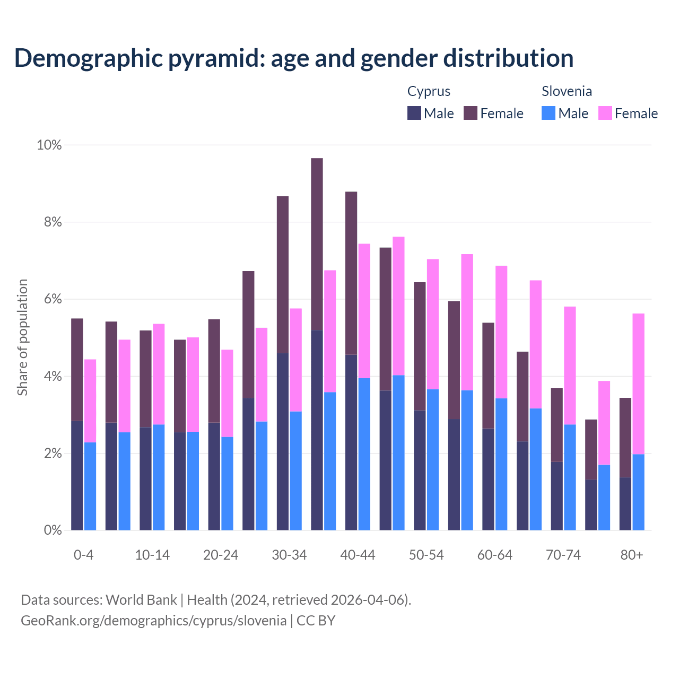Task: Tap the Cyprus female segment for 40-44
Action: pyautogui.click(x=351, y=273)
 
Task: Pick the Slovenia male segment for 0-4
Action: pyautogui.click(x=90, y=486)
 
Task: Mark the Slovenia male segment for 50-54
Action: pyautogui.click(x=433, y=459)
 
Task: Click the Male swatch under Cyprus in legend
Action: pyautogui.click(x=414, y=113)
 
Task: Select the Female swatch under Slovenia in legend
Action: pyautogui.click(x=605, y=113)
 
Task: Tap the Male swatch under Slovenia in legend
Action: pyautogui.click(x=549, y=113)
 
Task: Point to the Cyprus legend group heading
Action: pyautogui.click(x=429, y=91)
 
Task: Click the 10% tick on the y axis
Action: pyautogui.click(x=49, y=145)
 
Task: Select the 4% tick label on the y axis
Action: pyautogui.click(x=53, y=377)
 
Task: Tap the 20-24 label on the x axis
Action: pyautogui.click(x=221, y=555)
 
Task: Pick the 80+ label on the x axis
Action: pyautogui.click(x=632, y=555)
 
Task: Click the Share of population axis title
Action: pyautogui.click(x=22, y=337)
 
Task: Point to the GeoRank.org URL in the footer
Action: pyautogui.click(x=153, y=620)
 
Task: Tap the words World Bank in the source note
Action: pyautogui.click(x=141, y=600)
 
